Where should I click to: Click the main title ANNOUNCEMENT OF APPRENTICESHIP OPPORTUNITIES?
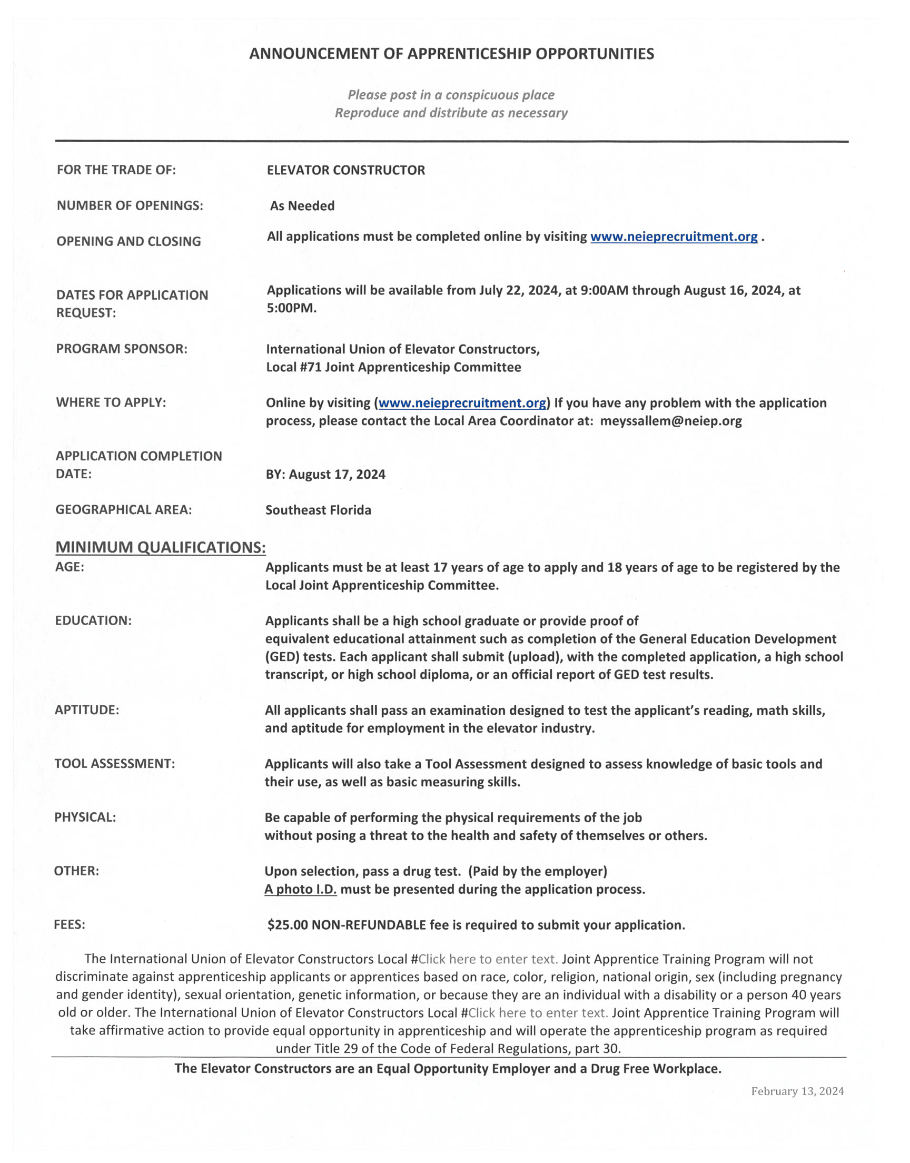click(x=451, y=54)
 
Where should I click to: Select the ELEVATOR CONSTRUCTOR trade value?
click(x=346, y=170)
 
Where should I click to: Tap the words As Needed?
click(x=302, y=205)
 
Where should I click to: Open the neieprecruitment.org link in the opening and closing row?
click(x=674, y=236)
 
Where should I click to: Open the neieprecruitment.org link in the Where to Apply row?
click(x=462, y=403)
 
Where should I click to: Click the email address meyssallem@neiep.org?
click(x=671, y=421)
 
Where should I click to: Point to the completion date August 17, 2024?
click(x=337, y=474)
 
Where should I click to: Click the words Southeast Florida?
click(x=318, y=510)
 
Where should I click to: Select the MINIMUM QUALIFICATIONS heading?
click(x=161, y=547)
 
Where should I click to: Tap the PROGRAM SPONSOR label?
click(x=122, y=349)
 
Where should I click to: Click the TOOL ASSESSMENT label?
click(x=115, y=763)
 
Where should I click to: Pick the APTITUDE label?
click(x=87, y=709)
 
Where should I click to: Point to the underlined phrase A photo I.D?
click(x=301, y=889)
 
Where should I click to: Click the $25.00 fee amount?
click(x=288, y=925)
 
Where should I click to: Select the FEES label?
click(x=70, y=924)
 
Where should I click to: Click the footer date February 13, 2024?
click(x=797, y=1091)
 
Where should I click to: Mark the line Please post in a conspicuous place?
click(x=451, y=95)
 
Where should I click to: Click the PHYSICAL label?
click(x=85, y=817)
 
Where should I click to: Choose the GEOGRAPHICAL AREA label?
click(x=124, y=510)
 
